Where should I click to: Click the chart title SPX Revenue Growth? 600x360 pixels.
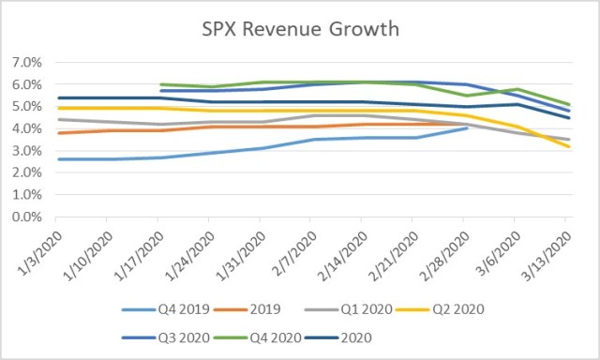(x=300, y=29)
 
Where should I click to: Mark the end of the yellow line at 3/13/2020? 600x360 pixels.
(x=566, y=146)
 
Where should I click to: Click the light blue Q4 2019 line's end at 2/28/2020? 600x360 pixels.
(x=467, y=127)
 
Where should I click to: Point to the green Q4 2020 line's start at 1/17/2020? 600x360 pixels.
(x=160, y=84)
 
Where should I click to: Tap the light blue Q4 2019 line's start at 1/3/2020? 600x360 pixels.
(x=58, y=159)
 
